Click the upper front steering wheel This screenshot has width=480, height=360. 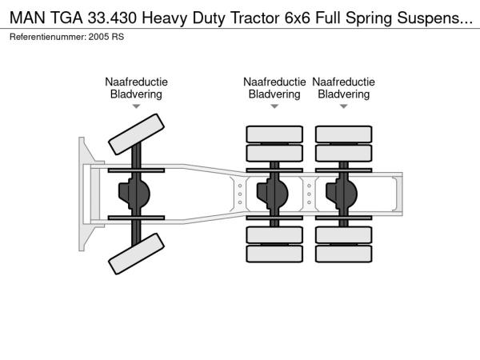pyautogui.click(x=136, y=134)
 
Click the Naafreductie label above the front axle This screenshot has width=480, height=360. pyautogui.click(x=136, y=82)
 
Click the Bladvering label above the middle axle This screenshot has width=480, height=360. pyautogui.click(x=274, y=94)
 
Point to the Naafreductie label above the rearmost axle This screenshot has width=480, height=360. pyautogui.click(x=343, y=82)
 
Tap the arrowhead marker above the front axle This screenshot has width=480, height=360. pyautogui.click(x=136, y=106)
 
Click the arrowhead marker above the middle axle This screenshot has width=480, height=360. pyautogui.click(x=274, y=106)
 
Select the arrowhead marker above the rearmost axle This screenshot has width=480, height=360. pyautogui.click(x=343, y=106)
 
